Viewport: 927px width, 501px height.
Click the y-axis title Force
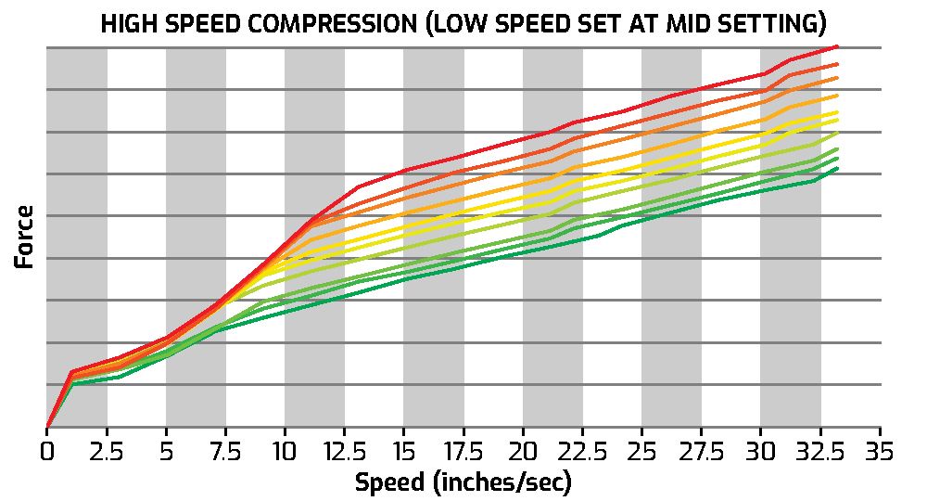[x=25, y=238]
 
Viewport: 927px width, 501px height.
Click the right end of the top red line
[x=838, y=45]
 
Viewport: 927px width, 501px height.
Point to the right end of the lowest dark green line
[x=838, y=168]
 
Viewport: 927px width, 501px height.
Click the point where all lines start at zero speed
[x=47, y=428]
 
